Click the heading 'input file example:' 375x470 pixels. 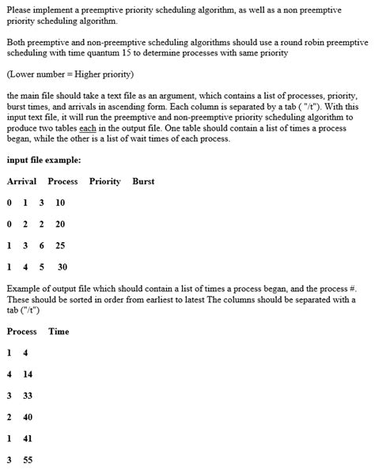click(x=44, y=160)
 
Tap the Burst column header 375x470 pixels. click(x=143, y=181)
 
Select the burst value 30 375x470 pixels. click(x=62, y=267)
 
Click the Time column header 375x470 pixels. click(x=59, y=331)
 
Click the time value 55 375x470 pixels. click(x=28, y=459)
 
